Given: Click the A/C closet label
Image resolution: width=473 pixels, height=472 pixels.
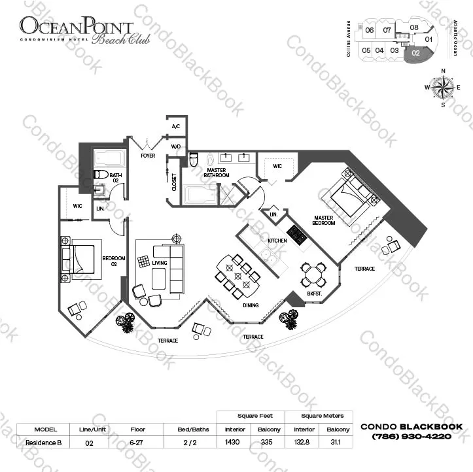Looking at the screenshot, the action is (x=176, y=126).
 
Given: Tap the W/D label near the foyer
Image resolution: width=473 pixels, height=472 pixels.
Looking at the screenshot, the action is (x=176, y=147).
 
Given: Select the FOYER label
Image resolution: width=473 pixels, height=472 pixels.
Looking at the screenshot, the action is (x=148, y=156).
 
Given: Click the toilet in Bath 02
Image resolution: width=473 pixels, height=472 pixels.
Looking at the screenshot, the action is (x=101, y=175).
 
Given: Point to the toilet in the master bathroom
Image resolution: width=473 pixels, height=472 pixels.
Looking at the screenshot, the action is (x=194, y=160).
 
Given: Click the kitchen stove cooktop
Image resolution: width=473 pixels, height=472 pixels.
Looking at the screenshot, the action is (x=297, y=234).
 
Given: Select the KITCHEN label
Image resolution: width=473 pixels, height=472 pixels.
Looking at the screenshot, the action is (x=277, y=241).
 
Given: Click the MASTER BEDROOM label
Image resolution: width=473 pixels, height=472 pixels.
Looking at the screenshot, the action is (x=324, y=220).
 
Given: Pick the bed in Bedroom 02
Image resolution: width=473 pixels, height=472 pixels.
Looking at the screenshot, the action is (x=81, y=259).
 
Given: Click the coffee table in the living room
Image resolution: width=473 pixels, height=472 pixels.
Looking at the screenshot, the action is (x=159, y=278).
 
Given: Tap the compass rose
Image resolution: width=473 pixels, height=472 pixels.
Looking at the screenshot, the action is (x=443, y=88).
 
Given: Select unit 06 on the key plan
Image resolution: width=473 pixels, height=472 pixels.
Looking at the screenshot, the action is (x=369, y=30).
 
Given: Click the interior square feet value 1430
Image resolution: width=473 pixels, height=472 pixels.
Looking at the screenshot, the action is (x=232, y=442).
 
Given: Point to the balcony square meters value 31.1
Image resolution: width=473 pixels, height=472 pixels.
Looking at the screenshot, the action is (x=336, y=442).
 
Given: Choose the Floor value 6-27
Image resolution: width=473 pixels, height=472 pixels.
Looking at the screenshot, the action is (x=136, y=443).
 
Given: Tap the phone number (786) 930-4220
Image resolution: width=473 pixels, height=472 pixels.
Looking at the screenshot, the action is (x=412, y=436).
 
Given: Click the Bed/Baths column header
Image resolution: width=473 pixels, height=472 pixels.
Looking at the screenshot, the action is (x=193, y=430).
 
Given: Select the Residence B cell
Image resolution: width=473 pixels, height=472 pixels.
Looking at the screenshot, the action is (x=43, y=443).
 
